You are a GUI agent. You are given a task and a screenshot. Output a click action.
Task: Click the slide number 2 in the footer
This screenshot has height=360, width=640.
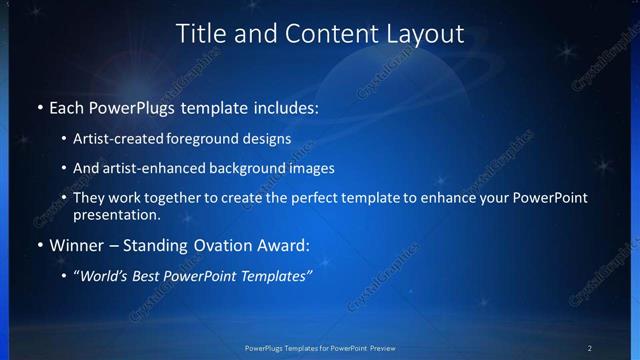(590, 347)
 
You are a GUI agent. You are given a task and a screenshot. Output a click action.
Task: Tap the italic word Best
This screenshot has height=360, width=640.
(148, 276)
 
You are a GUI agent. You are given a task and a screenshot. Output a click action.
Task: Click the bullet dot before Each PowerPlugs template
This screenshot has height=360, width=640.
(39, 107)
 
